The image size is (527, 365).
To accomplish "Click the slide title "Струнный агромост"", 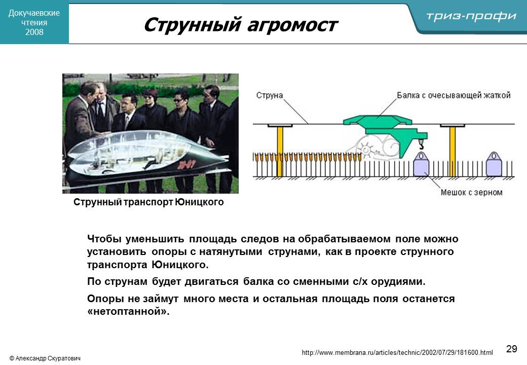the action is pyautogui.click(x=241, y=25).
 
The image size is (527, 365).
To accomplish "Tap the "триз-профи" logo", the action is pyautogui.click(x=471, y=16).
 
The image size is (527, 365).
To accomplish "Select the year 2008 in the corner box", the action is pyautogui.click(x=34, y=32).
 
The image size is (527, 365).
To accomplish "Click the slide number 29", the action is pyautogui.click(x=511, y=349).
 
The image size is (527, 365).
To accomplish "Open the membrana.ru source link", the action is pyautogui.click(x=397, y=352).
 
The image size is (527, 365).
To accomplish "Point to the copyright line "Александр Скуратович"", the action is pyautogui.click(x=45, y=358).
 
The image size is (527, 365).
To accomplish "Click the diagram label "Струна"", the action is pyautogui.click(x=270, y=95).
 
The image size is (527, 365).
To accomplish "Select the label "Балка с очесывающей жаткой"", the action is pyautogui.click(x=454, y=95).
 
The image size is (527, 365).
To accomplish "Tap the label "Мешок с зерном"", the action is pyautogui.click(x=472, y=192).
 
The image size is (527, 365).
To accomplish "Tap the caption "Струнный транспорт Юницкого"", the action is pyautogui.click(x=148, y=202).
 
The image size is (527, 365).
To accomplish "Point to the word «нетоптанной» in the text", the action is pyautogui.click(x=128, y=311).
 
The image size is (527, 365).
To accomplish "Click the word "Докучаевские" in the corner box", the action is pyautogui.click(x=34, y=13).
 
